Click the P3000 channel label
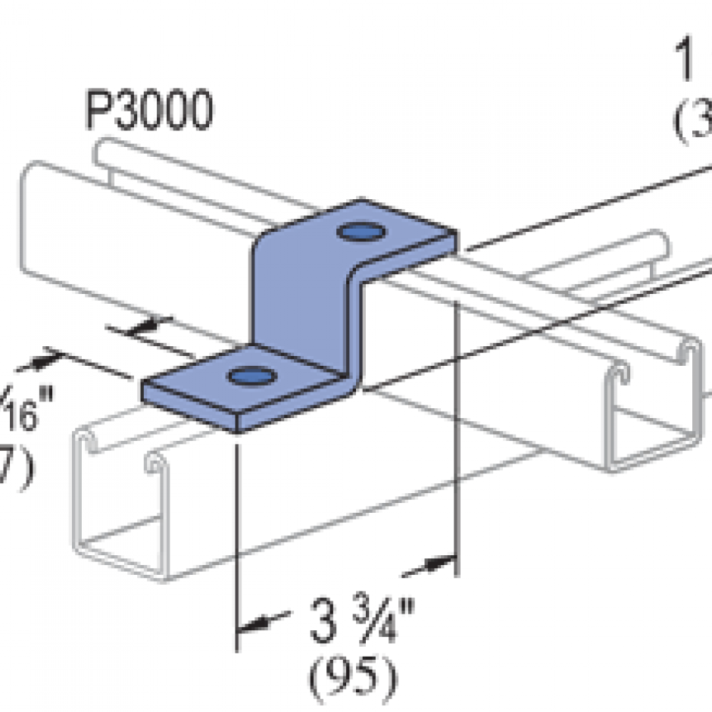[x=147, y=112]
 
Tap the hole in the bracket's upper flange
[x=358, y=231]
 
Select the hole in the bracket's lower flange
[x=250, y=374]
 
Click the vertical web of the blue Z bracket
[x=303, y=303]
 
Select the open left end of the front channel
[x=121, y=500]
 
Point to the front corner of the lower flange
[x=238, y=430]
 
